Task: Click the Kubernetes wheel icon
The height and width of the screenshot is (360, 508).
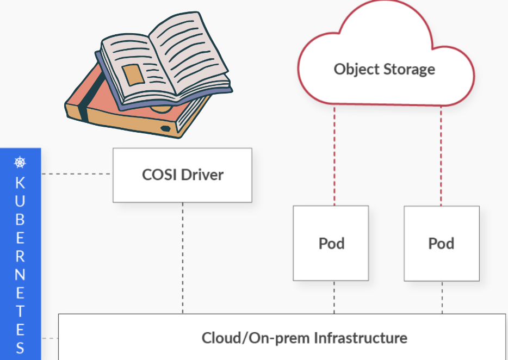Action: [x=20, y=162]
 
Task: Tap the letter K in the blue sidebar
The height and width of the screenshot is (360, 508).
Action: [x=20, y=182]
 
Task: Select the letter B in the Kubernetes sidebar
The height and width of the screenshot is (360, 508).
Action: [x=20, y=219]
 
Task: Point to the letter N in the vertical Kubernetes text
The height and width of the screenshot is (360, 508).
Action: [x=20, y=275]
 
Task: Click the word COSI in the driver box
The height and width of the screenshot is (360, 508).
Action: [x=159, y=175]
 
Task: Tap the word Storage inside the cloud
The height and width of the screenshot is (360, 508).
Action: [x=408, y=70]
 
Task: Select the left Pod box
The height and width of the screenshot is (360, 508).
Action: [x=331, y=243]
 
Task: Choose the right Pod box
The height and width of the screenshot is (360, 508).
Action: [x=442, y=243]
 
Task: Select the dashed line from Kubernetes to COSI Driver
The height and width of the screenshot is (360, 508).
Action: [x=76, y=174]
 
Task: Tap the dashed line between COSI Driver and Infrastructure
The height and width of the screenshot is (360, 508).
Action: [x=183, y=258]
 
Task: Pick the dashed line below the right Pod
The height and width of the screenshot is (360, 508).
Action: [x=442, y=297]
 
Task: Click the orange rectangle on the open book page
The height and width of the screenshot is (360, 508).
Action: [x=133, y=75]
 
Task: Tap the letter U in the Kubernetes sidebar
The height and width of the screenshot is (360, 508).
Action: [x=20, y=201]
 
